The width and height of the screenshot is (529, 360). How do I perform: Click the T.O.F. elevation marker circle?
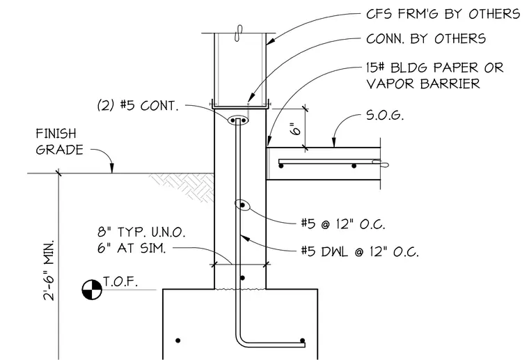(x=92, y=289)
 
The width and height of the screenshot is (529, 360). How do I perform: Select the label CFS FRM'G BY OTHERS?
(x=443, y=14)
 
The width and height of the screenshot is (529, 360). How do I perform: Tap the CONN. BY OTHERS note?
(x=426, y=39)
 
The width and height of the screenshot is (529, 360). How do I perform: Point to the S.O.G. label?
(x=385, y=116)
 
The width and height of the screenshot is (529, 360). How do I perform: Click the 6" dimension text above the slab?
(x=296, y=129)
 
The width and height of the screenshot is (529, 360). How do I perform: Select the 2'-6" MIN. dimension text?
(x=49, y=270)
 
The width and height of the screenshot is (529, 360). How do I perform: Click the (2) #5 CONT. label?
(x=138, y=106)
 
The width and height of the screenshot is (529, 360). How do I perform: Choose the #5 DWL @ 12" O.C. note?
(x=360, y=251)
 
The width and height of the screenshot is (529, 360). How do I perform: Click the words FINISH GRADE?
(x=59, y=142)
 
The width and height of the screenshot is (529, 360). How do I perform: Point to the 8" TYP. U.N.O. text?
(x=141, y=232)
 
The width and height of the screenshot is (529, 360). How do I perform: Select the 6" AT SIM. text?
(x=132, y=249)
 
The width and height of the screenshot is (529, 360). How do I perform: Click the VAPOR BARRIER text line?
(x=423, y=84)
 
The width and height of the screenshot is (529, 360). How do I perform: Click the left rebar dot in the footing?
(x=178, y=341)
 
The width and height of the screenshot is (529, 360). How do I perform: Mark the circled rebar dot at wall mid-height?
(x=242, y=205)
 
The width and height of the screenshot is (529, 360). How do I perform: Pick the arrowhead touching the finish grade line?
(x=112, y=169)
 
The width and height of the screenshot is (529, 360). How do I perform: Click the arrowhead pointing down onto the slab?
(x=334, y=143)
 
